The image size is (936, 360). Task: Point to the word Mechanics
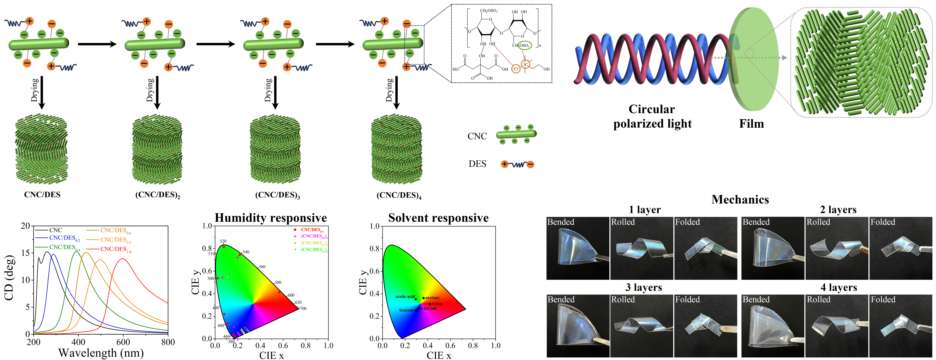[740, 199]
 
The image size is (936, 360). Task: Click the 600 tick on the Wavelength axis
[123, 342]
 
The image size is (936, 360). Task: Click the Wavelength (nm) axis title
[101, 353]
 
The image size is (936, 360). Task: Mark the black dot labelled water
[430, 304]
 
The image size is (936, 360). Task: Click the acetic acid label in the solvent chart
[405, 296]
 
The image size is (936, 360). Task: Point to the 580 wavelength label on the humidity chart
[278, 282]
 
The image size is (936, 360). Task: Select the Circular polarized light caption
[652, 116]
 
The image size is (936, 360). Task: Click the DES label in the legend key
[477, 164]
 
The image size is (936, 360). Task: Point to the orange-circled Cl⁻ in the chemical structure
[516, 69]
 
